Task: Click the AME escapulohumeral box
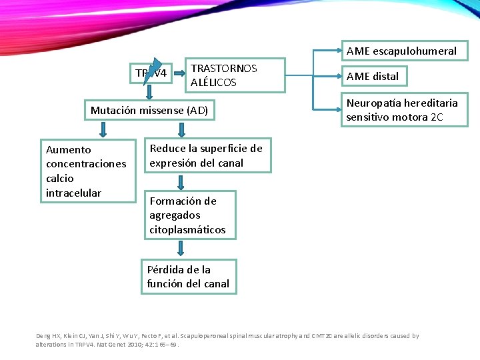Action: (x=401, y=51)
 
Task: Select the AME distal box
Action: (x=373, y=76)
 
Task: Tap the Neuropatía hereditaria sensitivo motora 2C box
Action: (x=401, y=110)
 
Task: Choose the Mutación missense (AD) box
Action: (x=149, y=110)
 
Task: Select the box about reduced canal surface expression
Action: (x=206, y=155)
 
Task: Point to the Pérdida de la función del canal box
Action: (x=188, y=277)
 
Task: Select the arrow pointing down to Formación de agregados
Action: (x=181, y=183)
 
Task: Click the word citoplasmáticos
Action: (x=187, y=230)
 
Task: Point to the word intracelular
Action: (x=73, y=193)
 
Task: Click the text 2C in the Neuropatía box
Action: (x=437, y=117)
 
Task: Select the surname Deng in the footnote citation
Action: (x=42, y=336)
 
